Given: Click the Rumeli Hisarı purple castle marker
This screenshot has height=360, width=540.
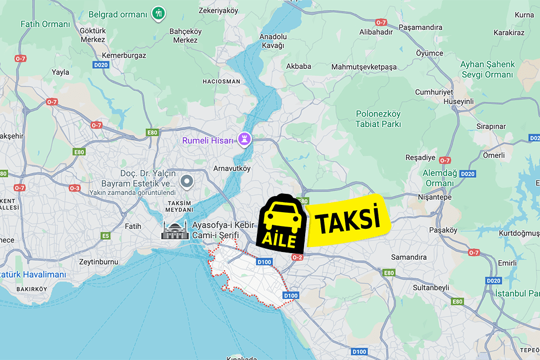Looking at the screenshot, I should (244, 138).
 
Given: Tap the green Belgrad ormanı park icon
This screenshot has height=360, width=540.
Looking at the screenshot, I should (158, 13).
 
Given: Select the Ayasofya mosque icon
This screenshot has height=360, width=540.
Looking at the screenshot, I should (174, 230).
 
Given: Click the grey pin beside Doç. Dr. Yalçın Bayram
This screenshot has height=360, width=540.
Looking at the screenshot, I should (187, 181).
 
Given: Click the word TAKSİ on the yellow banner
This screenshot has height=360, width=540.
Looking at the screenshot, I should (348, 220).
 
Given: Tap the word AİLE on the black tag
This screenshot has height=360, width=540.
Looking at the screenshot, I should (280, 240).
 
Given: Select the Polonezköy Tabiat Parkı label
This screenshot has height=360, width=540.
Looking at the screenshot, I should (378, 119).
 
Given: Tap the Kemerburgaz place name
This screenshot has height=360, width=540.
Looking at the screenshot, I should (123, 56).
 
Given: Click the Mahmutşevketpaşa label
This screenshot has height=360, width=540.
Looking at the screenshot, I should (364, 67).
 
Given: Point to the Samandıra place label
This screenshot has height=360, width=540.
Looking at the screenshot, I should (409, 257).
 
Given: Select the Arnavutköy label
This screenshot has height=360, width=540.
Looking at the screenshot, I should (232, 168).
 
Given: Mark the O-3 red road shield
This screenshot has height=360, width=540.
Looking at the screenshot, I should (74, 188).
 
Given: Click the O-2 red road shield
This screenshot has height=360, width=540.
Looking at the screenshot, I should (297, 257).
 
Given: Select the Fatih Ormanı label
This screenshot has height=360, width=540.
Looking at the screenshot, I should (45, 24).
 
